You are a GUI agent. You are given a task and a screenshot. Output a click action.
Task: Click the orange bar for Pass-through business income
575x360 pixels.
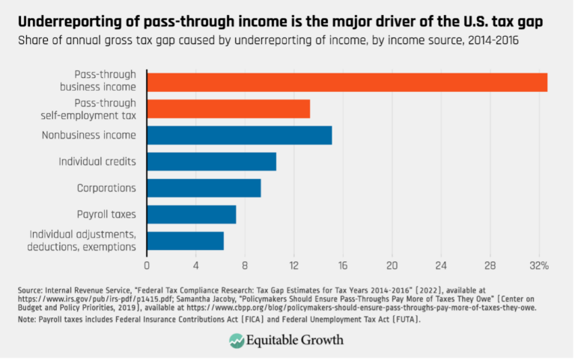(347, 82)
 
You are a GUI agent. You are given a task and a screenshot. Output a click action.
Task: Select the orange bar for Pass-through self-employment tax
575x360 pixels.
(228, 109)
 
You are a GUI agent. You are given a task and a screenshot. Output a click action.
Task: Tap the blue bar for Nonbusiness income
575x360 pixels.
(239, 135)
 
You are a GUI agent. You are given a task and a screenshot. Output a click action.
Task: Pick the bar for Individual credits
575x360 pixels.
(211, 162)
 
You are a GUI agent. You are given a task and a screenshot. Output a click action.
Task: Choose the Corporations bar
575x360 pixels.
(204, 188)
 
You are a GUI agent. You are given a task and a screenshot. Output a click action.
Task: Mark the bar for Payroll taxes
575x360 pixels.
(191, 214)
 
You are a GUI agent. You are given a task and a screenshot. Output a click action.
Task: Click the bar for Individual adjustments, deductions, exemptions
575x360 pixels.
(185, 240)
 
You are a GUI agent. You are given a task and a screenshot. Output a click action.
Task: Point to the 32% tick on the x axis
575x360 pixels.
(540, 265)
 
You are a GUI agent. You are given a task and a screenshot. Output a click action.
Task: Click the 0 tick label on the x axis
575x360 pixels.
(147, 265)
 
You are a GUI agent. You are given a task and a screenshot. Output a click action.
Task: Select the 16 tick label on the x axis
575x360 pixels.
(343, 265)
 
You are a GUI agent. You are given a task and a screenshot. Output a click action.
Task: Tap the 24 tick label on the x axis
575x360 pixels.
(441, 265)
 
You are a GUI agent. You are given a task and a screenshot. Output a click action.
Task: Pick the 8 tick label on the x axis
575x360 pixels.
(245, 265)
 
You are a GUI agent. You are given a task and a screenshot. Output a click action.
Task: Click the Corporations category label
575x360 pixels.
(106, 188)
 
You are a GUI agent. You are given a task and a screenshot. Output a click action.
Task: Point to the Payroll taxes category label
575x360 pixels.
(106, 214)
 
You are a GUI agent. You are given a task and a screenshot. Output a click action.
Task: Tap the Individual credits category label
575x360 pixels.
(97, 162)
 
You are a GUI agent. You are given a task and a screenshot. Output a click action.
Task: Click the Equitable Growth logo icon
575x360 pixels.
(237, 340)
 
